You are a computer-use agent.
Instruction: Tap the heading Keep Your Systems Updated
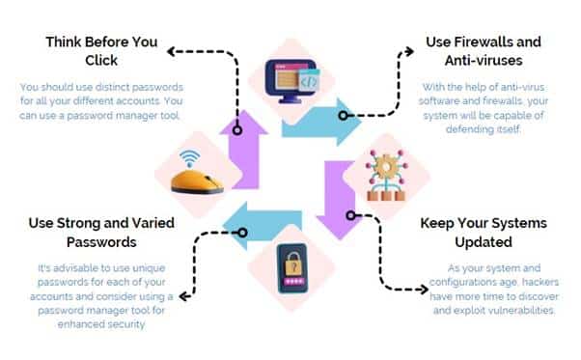pyautogui.click(x=483, y=232)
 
